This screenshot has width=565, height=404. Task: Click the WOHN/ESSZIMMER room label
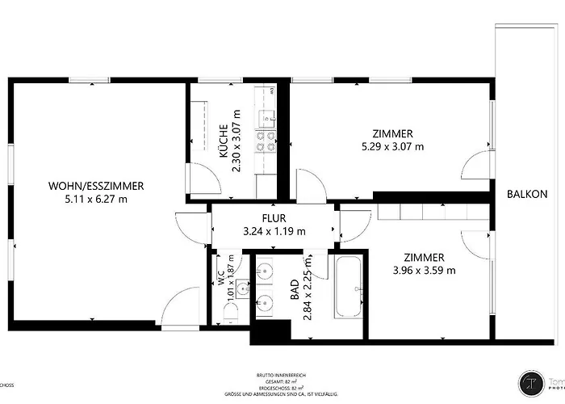89,185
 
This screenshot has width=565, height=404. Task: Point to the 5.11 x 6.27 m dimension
89,199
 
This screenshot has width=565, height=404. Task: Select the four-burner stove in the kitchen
264,143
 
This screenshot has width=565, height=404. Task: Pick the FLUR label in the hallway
274,218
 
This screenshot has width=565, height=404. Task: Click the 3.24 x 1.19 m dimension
274,231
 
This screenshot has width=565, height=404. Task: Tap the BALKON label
527,194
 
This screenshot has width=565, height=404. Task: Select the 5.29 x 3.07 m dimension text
393,147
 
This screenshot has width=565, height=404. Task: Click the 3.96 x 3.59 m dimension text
424,270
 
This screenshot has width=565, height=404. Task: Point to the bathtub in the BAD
350,288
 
